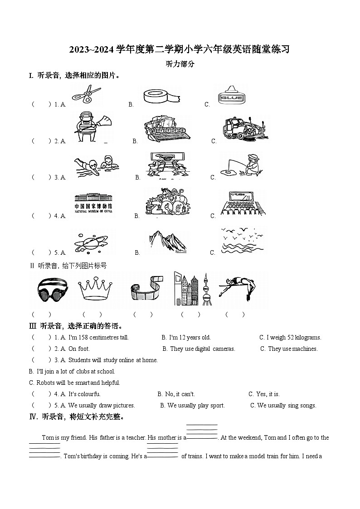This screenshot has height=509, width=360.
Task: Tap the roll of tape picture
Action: pyautogui.click(x=162, y=96)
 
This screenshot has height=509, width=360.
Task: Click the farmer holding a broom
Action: pyautogui.click(x=91, y=127)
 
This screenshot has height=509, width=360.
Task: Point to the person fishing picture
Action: pyautogui.click(x=240, y=166)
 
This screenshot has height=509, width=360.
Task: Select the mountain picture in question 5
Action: pyautogui.click(x=167, y=240)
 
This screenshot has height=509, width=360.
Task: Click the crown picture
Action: pyautogui.click(x=95, y=290)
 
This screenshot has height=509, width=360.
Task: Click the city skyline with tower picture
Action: pyautogui.click(x=192, y=289)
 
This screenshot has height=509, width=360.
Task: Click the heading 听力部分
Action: pyautogui.click(x=180, y=64)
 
